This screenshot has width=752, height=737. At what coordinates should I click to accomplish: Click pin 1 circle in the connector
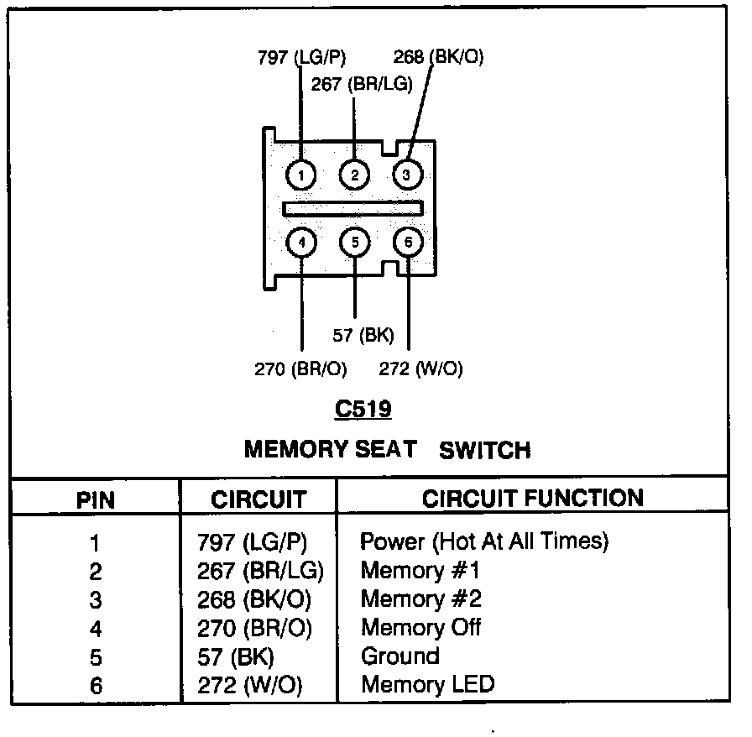pos(300,175)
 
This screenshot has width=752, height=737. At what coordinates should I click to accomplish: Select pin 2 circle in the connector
pos(354,175)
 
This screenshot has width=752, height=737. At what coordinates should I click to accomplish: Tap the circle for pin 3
pos(407,175)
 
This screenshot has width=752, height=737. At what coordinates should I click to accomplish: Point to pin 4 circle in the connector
pos(300,243)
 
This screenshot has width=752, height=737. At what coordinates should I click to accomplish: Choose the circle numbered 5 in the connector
pos(354,243)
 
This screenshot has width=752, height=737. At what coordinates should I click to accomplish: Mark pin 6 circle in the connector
pos(408,243)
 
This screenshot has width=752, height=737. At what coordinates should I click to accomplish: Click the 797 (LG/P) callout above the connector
pos(301,57)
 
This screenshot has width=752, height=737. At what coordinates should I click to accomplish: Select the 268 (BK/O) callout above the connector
pos(438,57)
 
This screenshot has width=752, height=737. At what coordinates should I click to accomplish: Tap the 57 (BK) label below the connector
pos(363,336)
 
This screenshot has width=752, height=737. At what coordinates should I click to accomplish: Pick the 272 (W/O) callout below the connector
pos(420,368)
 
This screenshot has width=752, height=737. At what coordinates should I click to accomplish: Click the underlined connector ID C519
pos(363,410)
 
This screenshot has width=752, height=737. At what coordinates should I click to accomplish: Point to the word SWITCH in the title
pos(485,451)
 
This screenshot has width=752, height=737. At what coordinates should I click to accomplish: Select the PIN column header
pos(96,500)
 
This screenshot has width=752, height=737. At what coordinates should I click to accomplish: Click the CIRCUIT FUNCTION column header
pos(533,499)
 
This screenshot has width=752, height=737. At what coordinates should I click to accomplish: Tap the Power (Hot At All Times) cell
pos(484,541)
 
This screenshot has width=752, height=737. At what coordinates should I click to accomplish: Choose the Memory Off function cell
pos(420,627)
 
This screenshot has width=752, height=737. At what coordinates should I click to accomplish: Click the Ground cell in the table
pos(399,656)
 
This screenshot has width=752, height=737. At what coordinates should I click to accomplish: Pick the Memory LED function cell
pos(427,684)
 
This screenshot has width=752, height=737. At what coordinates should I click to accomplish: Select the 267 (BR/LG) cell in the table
pos(260,571)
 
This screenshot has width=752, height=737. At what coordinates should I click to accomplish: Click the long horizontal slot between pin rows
pos(352,207)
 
